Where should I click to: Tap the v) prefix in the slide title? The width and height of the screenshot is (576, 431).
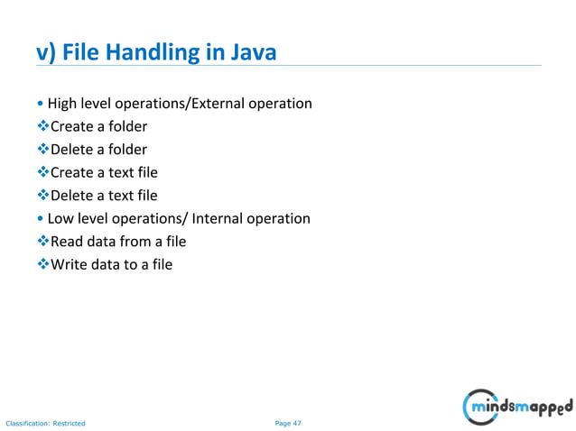pos(47,53)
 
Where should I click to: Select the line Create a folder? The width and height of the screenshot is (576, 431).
pos(98,126)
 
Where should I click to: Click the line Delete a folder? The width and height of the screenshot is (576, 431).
pos(98,150)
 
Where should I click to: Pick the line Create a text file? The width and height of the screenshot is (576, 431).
pos(104,172)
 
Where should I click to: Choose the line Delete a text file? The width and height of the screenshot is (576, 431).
pos(104,196)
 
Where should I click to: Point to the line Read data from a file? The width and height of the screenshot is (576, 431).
pos(118,242)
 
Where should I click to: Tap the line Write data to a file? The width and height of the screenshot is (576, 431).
pos(111,265)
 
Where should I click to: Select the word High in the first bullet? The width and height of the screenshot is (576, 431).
pos(61,104)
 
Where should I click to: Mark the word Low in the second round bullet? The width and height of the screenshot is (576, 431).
pos(60,218)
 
